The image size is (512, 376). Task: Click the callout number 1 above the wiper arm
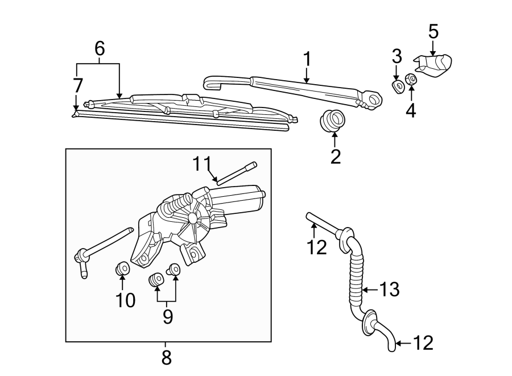pos(307,59)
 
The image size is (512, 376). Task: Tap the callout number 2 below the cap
pos(335,156)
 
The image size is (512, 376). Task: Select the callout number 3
pos(397,56)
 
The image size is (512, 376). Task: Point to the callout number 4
pos(410,110)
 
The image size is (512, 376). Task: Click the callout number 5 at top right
pos(433,31)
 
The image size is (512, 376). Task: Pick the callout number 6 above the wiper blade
pos(100,49)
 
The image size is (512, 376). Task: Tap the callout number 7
pos(78,85)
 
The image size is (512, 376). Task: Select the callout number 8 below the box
pos(166,358)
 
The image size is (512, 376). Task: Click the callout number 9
pos(167,316)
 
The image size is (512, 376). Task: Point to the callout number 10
pos(126,300)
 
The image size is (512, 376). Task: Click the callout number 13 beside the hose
pos(390,290)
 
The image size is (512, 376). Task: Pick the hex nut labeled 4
pos(411,79)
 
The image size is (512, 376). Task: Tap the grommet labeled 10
pos(122,267)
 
